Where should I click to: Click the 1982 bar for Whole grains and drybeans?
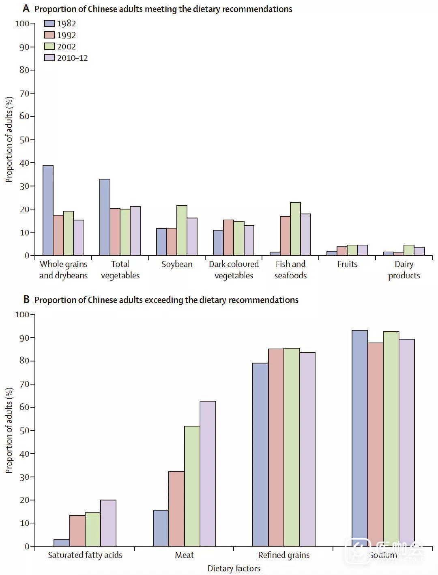[48, 211]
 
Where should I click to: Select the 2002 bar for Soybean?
[182, 231]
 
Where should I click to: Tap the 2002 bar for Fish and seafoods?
[296, 229]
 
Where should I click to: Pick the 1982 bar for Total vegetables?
[105, 217]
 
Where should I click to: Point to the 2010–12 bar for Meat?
[208, 474]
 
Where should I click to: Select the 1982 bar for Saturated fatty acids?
[62, 543]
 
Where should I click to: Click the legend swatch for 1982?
[49, 24]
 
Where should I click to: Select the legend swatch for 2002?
[49, 47]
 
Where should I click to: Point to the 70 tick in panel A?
[24, 93]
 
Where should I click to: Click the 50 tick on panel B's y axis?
[24, 430]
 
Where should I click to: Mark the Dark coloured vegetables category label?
[234, 270]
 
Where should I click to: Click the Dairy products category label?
[404, 270]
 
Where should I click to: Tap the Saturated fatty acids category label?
[85, 555]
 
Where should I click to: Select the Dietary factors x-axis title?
[234, 569]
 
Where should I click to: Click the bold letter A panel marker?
[26, 9]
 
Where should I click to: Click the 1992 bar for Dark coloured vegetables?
[228, 238]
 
